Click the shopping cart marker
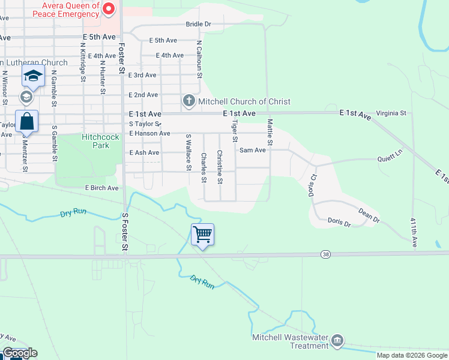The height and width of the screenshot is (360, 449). coord(203,234)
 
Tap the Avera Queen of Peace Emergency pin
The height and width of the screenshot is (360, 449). coord(109,8)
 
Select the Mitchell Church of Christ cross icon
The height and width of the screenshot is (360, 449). coord(188,101)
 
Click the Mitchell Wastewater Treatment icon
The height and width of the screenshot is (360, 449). coord(337,341)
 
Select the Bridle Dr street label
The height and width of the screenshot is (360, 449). coord(199,25)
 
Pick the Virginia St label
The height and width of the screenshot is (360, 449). coord(391,113)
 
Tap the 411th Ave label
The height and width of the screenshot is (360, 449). coord(414,233)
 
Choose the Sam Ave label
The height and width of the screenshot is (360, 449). coord(252,150)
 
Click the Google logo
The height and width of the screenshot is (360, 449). coord(19,353)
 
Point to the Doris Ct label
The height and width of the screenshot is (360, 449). coord(313,184)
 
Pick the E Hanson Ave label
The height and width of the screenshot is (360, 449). coord(149,133)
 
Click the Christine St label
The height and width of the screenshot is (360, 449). coord(220,167)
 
